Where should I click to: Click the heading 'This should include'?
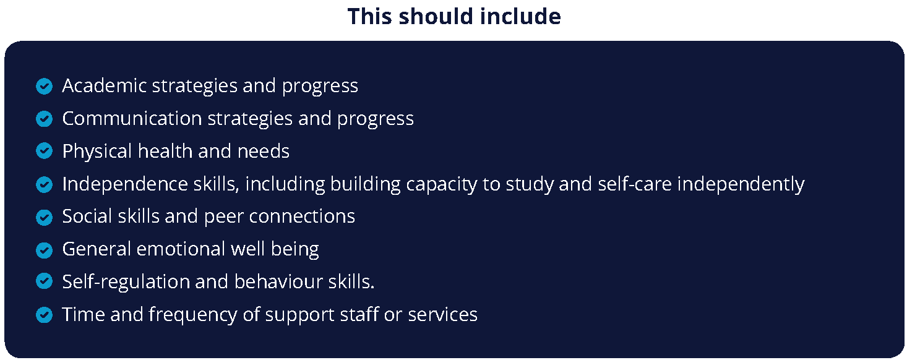(x=454, y=17)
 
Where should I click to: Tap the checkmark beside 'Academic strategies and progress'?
(x=44, y=86)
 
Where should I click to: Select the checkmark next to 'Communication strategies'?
(x=44, y=119)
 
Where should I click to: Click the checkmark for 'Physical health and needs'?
(x=44, y=151)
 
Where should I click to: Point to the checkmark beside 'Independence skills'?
(x=44, y=185)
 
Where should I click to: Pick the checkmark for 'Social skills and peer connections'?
(x=44, y=218)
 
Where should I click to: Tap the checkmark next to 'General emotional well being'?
(x=44, y=251)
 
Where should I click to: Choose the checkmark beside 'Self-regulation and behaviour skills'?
(x=44, y=281)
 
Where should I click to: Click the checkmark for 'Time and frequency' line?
(x=44, y=315)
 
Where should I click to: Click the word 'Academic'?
(x=105, y=85)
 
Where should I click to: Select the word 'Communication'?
(x=132, y=118)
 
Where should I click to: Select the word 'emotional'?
(x=181, y=249)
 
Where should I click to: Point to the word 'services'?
(x=443, y=315)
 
